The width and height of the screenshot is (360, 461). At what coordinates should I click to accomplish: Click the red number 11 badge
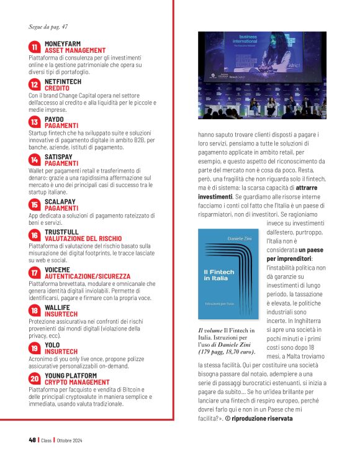tap(35, 47)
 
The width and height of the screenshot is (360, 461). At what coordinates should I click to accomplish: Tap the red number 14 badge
tap(35, 160)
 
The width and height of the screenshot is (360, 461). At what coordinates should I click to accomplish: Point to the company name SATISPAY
tap(61, 157)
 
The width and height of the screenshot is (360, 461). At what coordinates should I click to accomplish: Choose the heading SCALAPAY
tap(61, 201)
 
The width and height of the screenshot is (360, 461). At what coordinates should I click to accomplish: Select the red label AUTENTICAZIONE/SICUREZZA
tap(88, 276)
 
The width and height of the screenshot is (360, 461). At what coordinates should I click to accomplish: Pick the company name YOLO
tap(53, 344)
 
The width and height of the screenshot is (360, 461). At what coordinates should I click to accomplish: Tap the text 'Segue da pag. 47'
tap(48, 26)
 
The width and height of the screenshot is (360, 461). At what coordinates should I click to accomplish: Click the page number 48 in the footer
tap(32, 440)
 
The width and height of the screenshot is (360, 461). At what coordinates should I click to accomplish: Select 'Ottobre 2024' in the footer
tap(73, 440)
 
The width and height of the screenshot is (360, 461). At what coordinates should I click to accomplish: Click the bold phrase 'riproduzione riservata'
tap(265, 418)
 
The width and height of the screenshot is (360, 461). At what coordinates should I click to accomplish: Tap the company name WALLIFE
tap(57, 307)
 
